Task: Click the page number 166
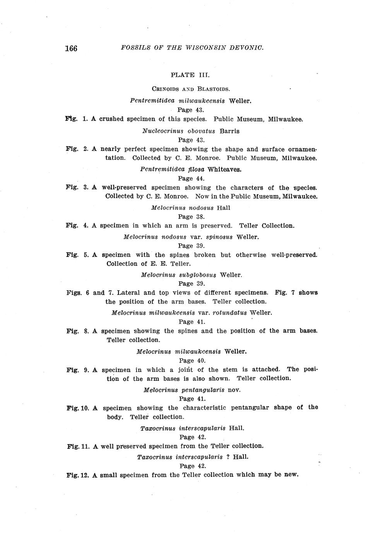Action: (71, 48)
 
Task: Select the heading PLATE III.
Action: (190, 75)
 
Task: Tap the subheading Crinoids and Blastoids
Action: (191, 89)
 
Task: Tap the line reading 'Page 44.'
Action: (191, 178)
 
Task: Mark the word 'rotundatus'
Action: (229, 312)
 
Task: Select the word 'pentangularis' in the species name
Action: (203, 390)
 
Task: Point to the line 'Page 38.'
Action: (191, 217)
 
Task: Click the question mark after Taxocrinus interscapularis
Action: (228, 457)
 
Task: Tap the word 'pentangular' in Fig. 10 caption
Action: (250, 407)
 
